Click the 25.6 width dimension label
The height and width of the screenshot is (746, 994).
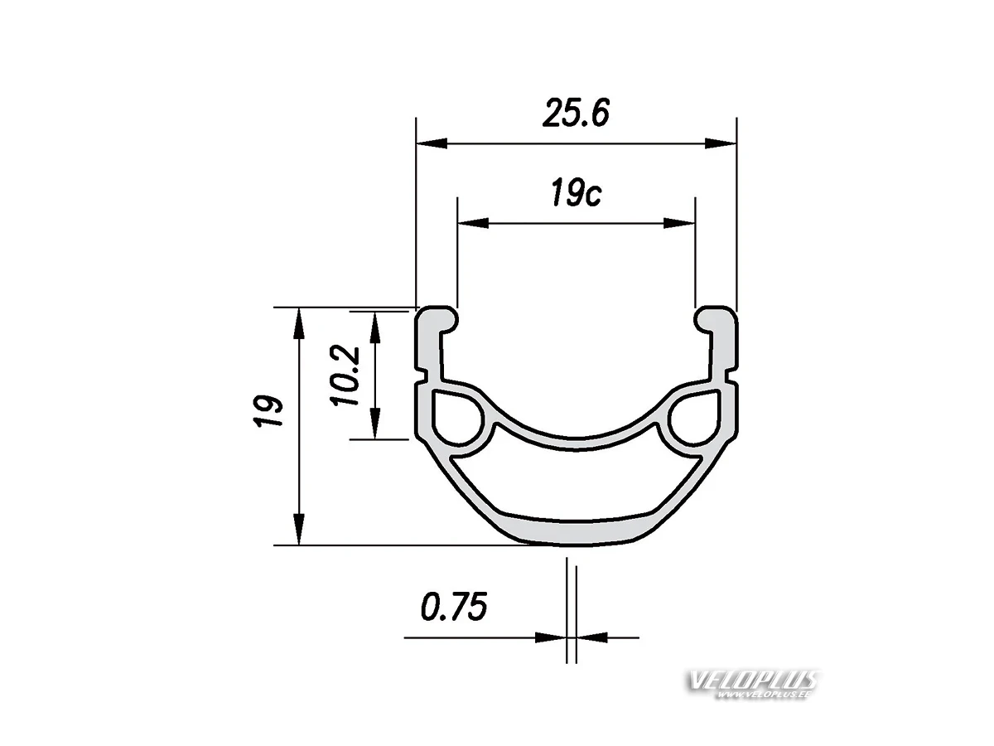click(x=576, y=113)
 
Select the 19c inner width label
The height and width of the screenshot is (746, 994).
click(x=576, y=194)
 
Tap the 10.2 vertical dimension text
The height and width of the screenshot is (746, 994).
click(x=345, y=375)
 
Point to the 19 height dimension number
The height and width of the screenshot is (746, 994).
click(x=268, y=411)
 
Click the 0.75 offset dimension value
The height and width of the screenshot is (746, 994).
click(x=454, y=606)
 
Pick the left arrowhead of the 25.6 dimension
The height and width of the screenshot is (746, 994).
click(x=432, y=143)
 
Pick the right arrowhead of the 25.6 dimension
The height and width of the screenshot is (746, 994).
click(x=721, y=143)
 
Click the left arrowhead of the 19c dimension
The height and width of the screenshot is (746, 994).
click(x=473, y=223)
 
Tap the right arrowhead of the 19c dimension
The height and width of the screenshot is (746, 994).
click(x=678, y=223)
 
